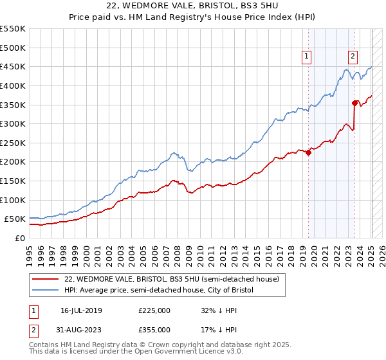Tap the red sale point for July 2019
(308, 152)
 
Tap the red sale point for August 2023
(355, 103)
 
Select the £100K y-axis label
(14, 200)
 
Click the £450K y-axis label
(14, 66)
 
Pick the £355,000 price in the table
(154, 330)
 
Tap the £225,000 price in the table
(154, 310)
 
